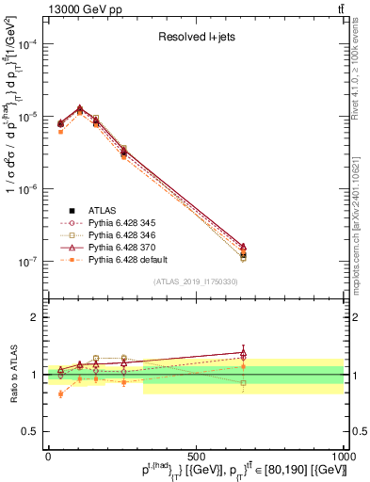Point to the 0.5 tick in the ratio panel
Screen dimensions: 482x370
click(30, 431)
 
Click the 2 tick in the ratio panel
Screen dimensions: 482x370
click(34, 317)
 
